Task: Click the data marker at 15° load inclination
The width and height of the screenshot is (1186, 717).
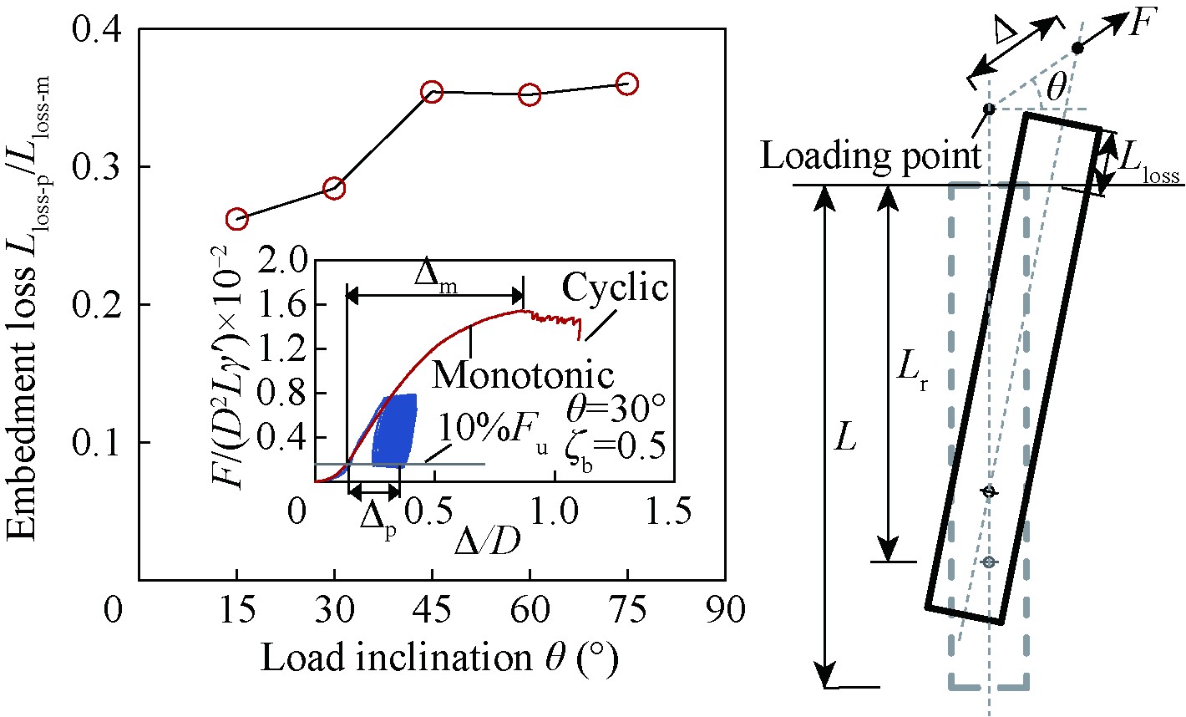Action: tap(236, 219)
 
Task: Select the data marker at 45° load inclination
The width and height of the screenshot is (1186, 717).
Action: tap(432, 92)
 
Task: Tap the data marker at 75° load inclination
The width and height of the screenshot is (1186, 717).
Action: tap(627, 84)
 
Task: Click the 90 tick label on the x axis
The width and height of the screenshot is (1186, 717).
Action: tap(724, 611)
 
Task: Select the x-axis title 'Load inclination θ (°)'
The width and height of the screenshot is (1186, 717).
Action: tap(439, 659)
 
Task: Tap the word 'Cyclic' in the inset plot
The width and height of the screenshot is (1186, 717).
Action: tap(615, 288)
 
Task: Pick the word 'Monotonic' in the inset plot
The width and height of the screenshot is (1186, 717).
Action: tap(523, 375)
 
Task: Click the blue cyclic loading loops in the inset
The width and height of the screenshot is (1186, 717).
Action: tap(393, 430)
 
